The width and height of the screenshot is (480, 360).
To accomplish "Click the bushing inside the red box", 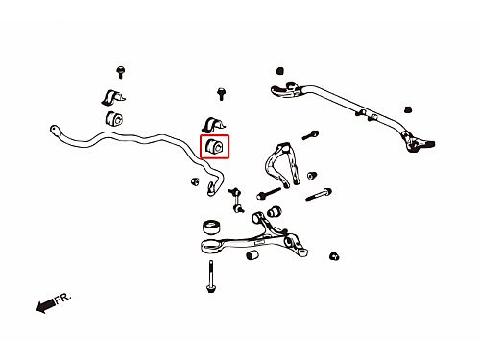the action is [215, 147].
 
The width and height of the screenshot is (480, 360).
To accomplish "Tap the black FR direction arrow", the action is [45, 305].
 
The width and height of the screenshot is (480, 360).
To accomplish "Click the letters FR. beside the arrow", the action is [62, 298].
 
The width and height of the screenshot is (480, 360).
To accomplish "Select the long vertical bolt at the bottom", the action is [211, 276].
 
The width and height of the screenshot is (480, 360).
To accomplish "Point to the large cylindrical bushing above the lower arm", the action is [211, 227].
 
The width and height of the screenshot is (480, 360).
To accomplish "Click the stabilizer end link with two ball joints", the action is [236, 201].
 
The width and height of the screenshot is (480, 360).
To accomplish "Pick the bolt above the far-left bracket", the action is [120, 72].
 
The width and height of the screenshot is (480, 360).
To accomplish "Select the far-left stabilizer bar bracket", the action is [113, 98].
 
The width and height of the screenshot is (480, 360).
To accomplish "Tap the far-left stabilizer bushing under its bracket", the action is [114, 119].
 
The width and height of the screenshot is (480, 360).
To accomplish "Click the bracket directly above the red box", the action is [213, 125].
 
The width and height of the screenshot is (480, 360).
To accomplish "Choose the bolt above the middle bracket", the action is [221, 94].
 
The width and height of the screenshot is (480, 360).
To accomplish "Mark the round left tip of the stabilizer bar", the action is [55, 130].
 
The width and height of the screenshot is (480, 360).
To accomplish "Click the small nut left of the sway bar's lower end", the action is [195, 181].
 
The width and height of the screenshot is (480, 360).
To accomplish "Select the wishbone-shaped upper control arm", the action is [281, 165].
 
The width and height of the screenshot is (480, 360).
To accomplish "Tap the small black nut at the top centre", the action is [280, 70].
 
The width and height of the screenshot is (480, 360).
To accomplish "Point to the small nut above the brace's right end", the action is [407, 109].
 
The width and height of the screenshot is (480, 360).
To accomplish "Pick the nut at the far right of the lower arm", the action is [334, 256].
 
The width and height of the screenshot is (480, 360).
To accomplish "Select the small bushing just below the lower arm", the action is [252, 255].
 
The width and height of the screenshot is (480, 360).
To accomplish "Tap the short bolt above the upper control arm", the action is [310, 135].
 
